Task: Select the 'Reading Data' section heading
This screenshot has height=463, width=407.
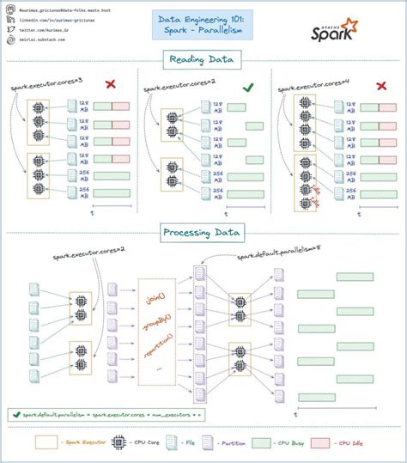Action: (203, 59)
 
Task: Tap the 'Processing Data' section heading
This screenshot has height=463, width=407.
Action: (203, 232)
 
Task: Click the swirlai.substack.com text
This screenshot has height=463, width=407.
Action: (52, 39)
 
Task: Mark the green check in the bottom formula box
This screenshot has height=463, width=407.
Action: (16, 413)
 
